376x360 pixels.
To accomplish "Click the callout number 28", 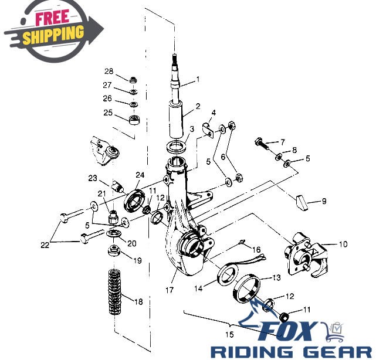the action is tap(109, 72).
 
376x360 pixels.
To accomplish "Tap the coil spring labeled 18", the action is tap(114, 292).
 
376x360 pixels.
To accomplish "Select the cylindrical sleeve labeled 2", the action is tap(177, 119).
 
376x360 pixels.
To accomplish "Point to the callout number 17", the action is tap(169, 290).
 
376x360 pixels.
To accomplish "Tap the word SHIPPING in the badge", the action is tap(53, 35).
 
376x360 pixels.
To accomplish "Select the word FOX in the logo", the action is tap(288, 332).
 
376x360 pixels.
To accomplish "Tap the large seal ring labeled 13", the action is tap(246, 289).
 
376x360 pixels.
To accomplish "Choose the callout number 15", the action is tap(229, 334).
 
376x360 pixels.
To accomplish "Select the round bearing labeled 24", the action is tap(135, 201).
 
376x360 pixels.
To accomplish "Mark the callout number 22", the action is tap(45, 245).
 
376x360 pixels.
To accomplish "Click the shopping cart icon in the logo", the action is tap(335, 332).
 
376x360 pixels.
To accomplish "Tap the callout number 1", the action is tap(198, 79).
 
